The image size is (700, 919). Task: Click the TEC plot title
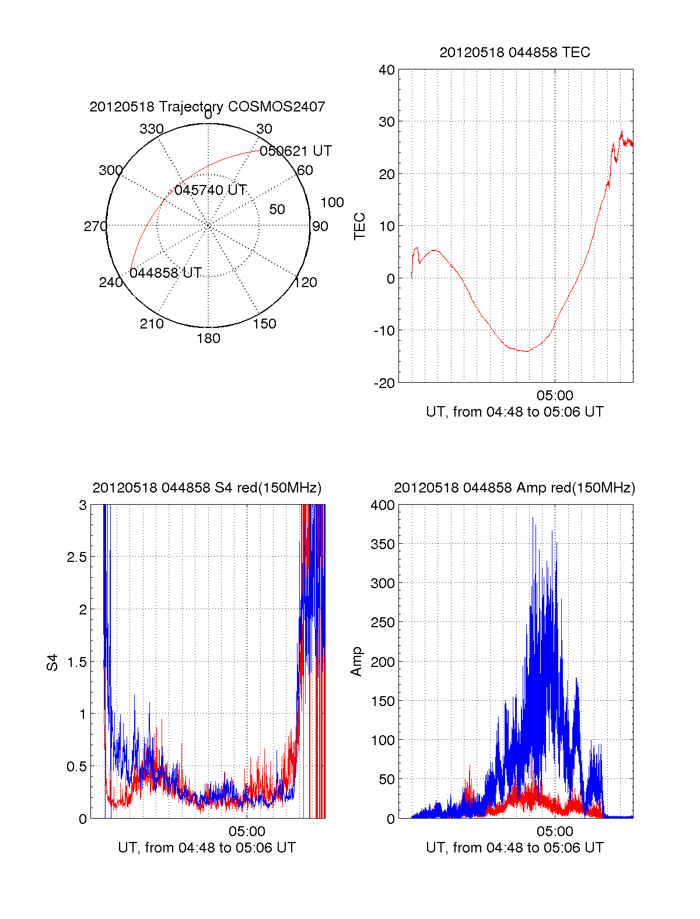tap(514, 53)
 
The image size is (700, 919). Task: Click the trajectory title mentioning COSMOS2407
tap(207, 107)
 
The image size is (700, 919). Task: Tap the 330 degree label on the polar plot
tap(151, 129)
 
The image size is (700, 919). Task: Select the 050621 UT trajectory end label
tap(296, 151)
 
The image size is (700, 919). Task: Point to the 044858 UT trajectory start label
tap(166, 273)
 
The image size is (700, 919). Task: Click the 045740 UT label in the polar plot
tap(211, 190)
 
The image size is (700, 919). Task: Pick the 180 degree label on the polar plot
tap(208, 338)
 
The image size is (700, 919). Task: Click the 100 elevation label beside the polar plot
tap(332, 202)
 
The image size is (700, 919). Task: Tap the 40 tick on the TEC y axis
tap(387, 70)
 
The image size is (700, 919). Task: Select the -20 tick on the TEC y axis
tap(384, 383)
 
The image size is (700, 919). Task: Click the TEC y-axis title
tap(360, 226)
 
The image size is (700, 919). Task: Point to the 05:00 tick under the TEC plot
tap(555, 396)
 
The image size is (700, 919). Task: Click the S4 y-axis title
tap(52, 662)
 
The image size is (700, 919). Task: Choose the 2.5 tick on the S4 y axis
tap(77, 557)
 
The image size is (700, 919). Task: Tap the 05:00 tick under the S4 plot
tap(247, 831)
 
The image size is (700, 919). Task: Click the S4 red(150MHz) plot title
tap(207, 488)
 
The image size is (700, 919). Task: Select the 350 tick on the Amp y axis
tap(383, 544)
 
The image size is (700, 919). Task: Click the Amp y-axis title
tap(356, 662)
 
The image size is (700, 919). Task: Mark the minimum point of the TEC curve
tap(526, 351)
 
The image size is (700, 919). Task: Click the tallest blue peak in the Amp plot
tap(533, 518)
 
